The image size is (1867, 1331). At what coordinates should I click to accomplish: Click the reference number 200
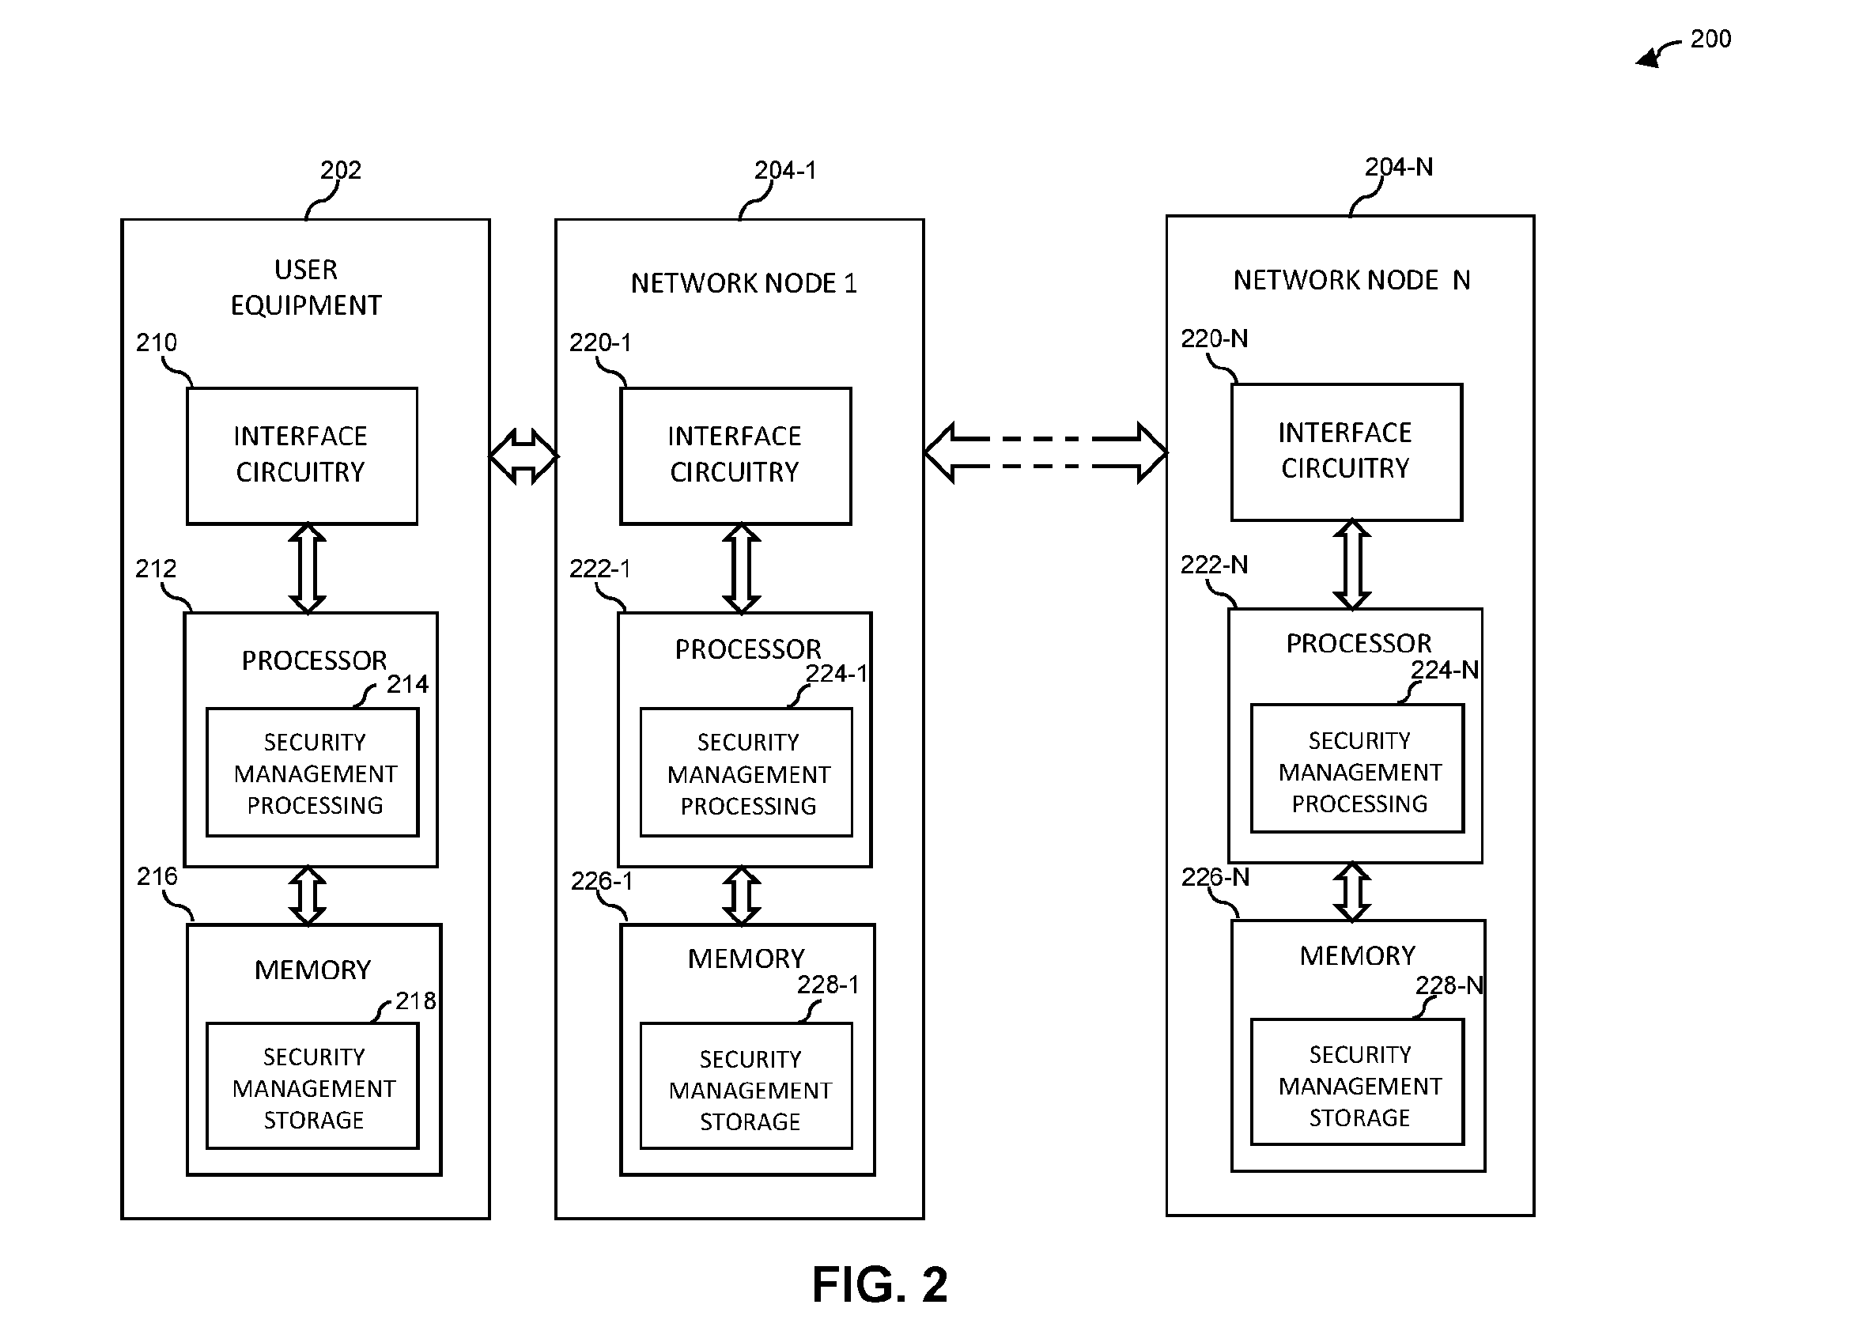[x=1710, y=39]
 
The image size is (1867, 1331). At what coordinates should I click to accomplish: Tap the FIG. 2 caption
[x=879, y=1284]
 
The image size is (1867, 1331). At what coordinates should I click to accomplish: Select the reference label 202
[x=340, y=170]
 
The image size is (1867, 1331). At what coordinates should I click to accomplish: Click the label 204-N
[x=1398, y=166]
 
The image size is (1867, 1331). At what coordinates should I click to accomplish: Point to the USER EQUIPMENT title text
[x=306, y=287]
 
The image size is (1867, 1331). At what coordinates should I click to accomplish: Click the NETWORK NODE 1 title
[x=743, y=283]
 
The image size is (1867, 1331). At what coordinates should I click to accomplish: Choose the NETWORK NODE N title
[x=1351, y=279]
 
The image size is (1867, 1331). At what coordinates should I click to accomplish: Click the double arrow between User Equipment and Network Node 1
[x=523, y=456]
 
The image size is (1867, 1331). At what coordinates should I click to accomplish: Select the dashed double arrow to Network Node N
[x=1045, y=452]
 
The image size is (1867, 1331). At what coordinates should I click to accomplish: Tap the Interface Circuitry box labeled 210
[x=301, y=456]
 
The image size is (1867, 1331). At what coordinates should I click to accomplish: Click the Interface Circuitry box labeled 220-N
[x=1347, y=452]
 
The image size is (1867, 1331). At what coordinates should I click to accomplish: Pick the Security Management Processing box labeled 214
[x=312, y=772]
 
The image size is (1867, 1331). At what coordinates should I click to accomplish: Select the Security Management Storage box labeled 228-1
[x=746, y=1085]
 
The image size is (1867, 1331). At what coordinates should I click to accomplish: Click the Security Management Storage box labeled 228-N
[x=1357, y=1082]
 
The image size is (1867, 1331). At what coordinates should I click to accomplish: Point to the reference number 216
[x=157, y=876]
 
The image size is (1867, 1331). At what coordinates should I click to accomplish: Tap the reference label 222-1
[x=600, y=568]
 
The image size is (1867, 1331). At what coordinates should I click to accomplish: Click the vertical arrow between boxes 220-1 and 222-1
[x=742, y=569]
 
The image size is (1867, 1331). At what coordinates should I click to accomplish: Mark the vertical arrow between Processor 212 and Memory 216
[x=308, y=896]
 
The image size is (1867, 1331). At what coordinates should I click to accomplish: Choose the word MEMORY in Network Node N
[x=1357, y=955]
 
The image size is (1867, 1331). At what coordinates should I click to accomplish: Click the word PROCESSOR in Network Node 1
[x=747, y=649]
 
